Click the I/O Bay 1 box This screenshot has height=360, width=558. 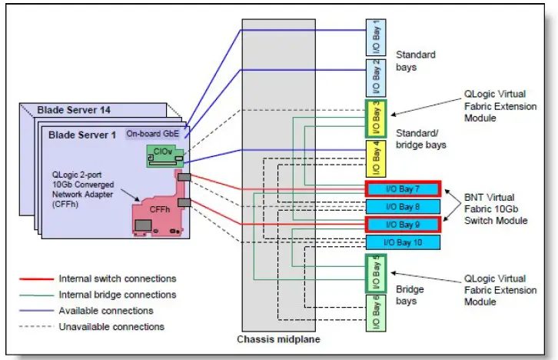pos(375,36)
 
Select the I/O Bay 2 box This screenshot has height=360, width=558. pos(375,77)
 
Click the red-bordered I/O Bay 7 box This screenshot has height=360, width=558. pos(400,189)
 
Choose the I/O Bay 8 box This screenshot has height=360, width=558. pos(400,206)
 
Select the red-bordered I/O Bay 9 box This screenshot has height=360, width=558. pos(400,225)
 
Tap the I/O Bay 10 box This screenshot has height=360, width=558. pos(400,242)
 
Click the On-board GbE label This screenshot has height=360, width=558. pos(151,132)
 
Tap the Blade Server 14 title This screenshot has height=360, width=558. pos(72,110)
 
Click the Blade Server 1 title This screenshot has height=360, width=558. pos(82,134)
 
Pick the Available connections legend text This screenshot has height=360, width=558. pos(106,311)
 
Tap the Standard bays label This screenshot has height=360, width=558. pos(415,61)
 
